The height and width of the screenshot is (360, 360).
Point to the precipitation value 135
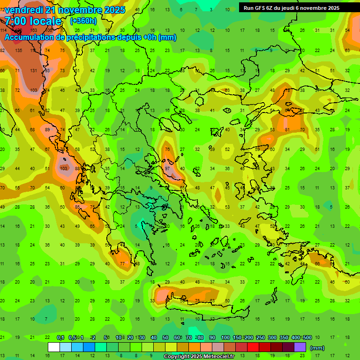pos(18,51)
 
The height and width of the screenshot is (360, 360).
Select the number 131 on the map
pos(33,70)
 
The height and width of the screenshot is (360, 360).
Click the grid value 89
pos(47,130)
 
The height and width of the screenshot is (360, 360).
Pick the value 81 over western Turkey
pos(287,130)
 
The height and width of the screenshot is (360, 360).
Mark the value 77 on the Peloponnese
pos(123,264)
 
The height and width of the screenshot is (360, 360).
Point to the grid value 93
pos(47,70)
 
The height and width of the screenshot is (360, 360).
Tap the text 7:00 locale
pos(33,21)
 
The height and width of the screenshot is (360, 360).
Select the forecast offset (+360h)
pos(83,21)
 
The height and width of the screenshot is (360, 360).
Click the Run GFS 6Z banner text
pos(291,8)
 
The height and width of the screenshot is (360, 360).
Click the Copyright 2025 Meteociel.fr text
pos(199,357)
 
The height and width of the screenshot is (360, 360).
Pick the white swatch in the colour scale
pos(54,347)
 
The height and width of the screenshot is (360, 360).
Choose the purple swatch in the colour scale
pos(300,347)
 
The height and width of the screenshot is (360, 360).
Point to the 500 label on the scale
pos(307,338)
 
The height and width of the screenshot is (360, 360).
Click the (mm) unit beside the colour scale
pos(317,348)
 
